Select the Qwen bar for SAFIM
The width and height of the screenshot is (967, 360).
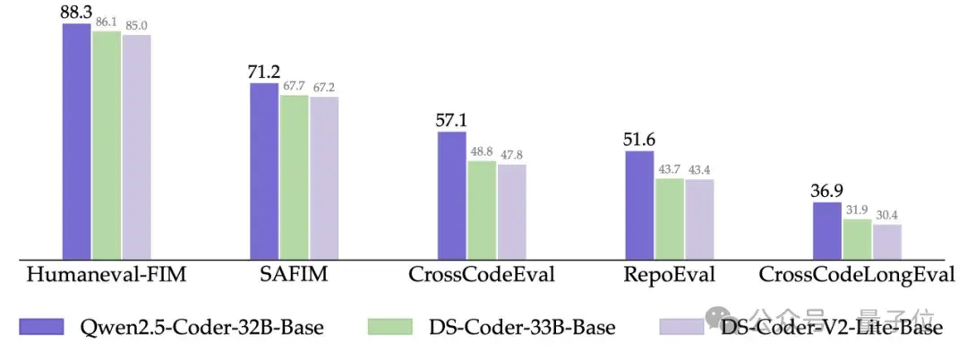click(264, 170)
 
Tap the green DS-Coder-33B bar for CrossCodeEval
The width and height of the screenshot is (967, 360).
click(482, 210)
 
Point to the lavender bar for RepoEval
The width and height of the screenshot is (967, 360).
click(699, 219)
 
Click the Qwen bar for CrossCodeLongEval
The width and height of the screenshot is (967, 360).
click(826, 231)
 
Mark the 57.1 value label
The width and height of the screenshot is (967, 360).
click(451, 120)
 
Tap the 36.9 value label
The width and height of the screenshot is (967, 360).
click(826, 191)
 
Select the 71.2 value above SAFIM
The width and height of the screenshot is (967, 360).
click(264, 72)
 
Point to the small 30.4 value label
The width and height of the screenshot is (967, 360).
click(887, 215)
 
